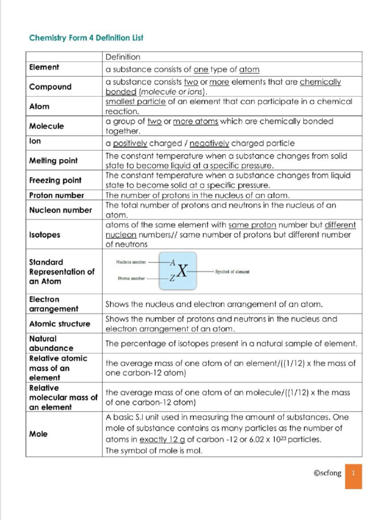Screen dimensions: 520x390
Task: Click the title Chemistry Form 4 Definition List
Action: click(x=86, y=38)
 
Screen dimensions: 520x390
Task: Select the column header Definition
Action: click(x=123, y=57)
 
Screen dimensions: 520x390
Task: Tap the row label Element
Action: click(x=44, y=67)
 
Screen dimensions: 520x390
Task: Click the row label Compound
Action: click(x=50, y=87)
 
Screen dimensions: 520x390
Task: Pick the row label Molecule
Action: click(x=47, y=126)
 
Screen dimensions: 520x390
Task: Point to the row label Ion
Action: click(x=35, y=142)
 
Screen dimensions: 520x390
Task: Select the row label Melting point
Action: click(x=53, y=160)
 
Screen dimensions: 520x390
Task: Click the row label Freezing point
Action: click(x=55, y=180)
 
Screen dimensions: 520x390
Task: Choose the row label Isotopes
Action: click(x=45, y=235)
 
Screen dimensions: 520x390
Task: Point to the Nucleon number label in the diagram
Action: click(x=131, y=263)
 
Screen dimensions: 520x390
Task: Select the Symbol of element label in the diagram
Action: click(x=232, y=272)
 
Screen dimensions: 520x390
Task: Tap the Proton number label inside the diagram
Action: click(x=131, y=279)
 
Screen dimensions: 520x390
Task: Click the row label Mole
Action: click(x=39, y=434)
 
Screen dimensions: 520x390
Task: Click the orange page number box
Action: click(x=353, y=476)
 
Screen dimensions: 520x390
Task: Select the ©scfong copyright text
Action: click(x=328, y=473)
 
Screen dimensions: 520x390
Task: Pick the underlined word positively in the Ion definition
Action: click(x=130, y=143)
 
